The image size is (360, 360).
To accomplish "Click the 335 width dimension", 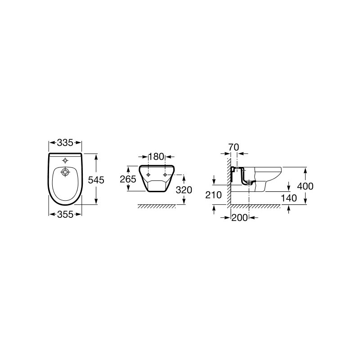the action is click(65, 143).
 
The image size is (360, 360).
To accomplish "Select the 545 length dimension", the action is click(96, 180).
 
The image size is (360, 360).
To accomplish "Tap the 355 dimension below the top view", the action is click(65, 215).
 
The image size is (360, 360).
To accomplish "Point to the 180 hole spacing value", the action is click(157, 157).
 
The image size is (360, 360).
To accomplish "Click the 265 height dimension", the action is click(128, 179).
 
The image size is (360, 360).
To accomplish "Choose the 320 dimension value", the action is click(184, 190).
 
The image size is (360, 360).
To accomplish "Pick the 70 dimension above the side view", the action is click(234, 147).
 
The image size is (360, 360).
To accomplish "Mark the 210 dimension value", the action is click(213, 195).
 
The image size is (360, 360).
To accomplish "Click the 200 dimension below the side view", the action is click(240, 217).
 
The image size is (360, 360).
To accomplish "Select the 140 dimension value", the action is click(289, 198).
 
